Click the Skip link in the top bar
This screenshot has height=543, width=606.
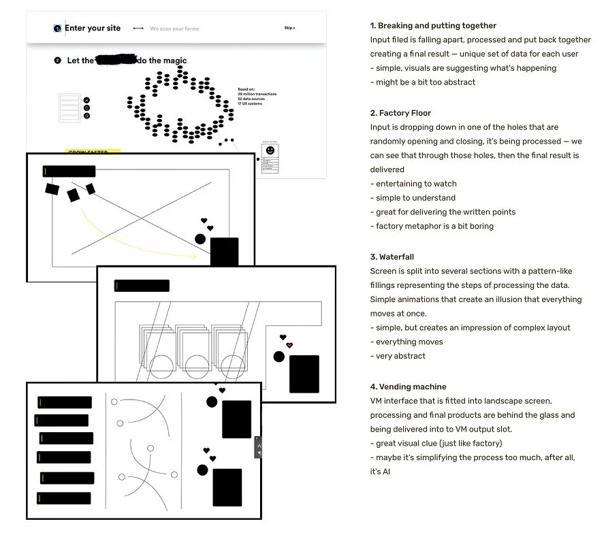pos(289,28)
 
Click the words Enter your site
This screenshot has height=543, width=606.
pos(93,28)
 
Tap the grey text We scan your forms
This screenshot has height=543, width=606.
pos(174,29)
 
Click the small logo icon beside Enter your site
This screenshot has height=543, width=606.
pos(57,29)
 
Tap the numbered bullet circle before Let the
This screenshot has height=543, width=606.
pos(57,61)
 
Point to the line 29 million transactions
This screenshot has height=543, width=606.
pos(257,94)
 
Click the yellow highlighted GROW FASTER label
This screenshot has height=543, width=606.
pos(93,152)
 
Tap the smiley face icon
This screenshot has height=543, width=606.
pos(270,150)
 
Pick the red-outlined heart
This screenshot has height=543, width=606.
pos(289,345)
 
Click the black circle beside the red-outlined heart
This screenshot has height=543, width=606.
pos(278,357)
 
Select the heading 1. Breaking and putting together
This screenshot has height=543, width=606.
pos(433,26)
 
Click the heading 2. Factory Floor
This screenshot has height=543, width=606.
pos(400,113)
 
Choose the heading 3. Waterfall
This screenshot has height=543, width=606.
pos(392,257)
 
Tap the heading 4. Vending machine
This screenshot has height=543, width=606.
pos(408,386)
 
